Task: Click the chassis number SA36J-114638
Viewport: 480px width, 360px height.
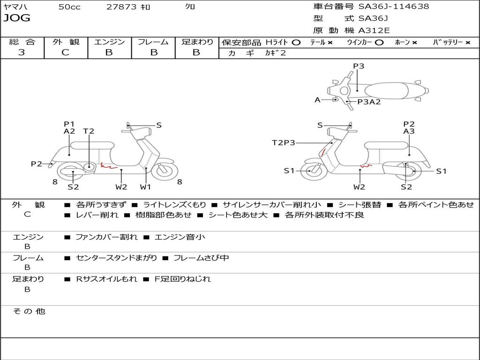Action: [x=393, y=7]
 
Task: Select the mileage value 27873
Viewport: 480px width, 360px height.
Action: [x=121, y=7]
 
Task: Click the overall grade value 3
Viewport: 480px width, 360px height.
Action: [x=22, y=52]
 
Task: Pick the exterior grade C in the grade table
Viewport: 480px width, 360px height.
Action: [x=65, y=52]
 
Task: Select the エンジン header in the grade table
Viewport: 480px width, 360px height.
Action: [x=109, y=42]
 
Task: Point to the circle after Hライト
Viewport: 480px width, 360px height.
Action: [x=296, y=42]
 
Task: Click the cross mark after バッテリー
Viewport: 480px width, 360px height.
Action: [x=467, y=43]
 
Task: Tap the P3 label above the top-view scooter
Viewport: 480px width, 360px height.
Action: [x=359, y=66]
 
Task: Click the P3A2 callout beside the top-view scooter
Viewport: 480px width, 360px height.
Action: [x=369, y=102]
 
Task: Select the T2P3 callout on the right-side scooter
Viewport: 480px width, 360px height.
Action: [x=284, y=142]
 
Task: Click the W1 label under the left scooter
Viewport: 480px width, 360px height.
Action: [x=146, y=187]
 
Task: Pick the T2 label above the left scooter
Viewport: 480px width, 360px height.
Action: [x=89, y=131]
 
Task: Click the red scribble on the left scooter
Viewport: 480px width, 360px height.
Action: [x=108, y=165]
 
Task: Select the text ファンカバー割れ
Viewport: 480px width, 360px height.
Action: [x=106, y=237]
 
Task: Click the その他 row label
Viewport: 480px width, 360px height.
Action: [x=29, y=311]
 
